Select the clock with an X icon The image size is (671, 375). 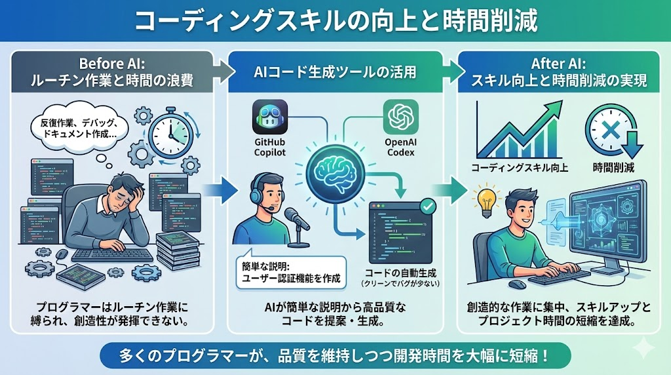point(605,128)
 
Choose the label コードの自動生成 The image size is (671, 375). point(399,272)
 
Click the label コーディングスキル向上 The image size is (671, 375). point(520,168)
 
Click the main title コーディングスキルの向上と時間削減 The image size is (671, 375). point(335,21)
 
